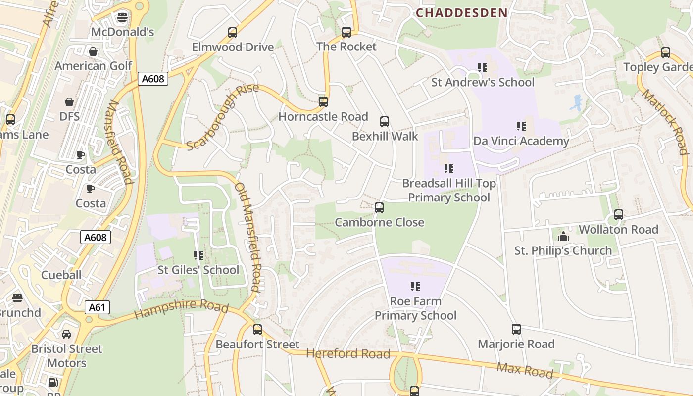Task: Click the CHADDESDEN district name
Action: point(461,13)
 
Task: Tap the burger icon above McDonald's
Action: point(122,18)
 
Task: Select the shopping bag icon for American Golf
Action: point(93,51)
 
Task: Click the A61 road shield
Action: point(97,307)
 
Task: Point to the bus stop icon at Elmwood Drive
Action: point(233,33)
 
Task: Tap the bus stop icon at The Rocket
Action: point(346,32)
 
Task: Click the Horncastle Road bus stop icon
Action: point(323,102)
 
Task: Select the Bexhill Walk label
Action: point(385,136)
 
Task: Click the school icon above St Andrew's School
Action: point(483,68)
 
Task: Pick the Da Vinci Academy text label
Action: point(521,141)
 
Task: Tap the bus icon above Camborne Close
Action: point(379,208)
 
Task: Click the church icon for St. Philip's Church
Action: point(563,237)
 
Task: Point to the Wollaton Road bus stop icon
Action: point(619,215)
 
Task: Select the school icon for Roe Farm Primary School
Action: point(415,287)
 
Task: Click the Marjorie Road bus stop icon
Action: point(516,329)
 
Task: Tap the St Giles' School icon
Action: point(198,255)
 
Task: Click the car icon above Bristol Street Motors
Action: point(66,334)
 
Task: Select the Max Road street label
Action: point(525,370)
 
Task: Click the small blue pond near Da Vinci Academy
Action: point(576,103)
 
